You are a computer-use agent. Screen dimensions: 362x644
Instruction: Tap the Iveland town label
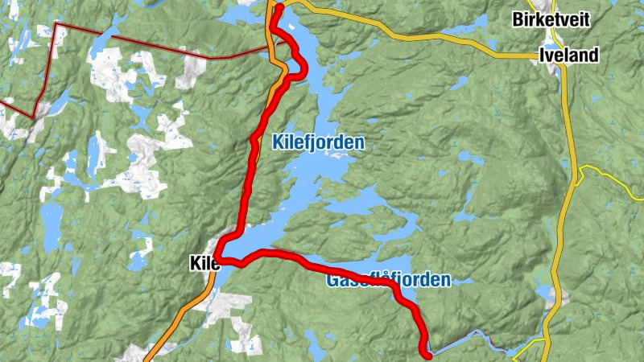569,56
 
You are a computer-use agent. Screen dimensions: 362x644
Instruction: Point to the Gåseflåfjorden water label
388,281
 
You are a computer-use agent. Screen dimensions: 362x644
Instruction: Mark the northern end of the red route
279,9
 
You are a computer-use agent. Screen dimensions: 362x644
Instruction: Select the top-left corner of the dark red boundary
56,25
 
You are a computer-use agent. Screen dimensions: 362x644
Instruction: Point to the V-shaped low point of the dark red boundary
34,117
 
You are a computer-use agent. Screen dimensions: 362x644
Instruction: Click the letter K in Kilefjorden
278,142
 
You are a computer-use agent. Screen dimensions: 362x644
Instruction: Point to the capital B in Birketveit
518,20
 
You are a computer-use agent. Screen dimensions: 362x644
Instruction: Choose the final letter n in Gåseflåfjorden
445,281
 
